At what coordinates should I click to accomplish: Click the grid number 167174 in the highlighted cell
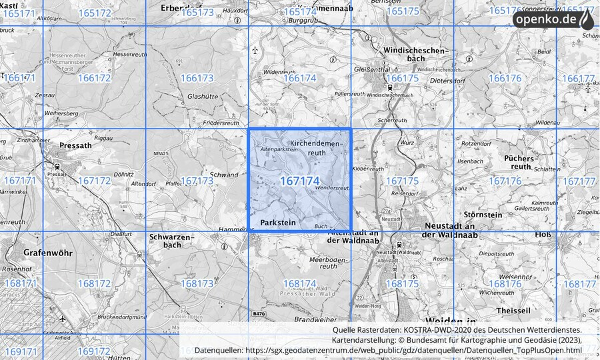click(299, 181)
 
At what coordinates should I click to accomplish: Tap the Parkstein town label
click(277, 221)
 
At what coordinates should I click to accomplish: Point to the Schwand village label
click(224, 175)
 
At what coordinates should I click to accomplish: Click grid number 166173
click(197, 78)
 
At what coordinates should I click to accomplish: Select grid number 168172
click(94, 283)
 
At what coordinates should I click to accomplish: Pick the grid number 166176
click(505, 78)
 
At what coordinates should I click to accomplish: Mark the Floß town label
click(543, 234)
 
